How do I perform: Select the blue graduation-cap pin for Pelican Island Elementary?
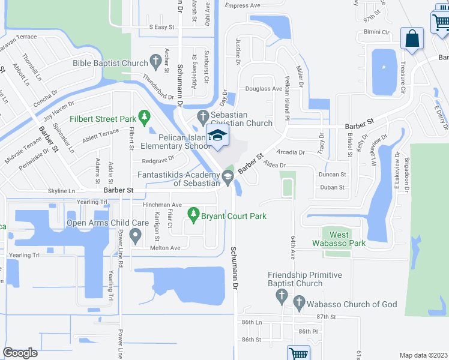(217, 136)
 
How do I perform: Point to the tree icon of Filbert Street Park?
(143, 116)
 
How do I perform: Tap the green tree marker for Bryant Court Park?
(193, 213)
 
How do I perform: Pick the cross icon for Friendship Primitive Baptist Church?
(281, 296)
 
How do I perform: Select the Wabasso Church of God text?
(352, 304)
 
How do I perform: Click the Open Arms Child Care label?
(107, 223)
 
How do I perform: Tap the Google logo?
(20, 352)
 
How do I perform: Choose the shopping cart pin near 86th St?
(298, 353)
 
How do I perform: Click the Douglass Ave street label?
(264, 89)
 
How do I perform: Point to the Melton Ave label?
(166, 248)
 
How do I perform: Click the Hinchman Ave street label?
(162, 205)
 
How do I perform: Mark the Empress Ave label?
(243, 5)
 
